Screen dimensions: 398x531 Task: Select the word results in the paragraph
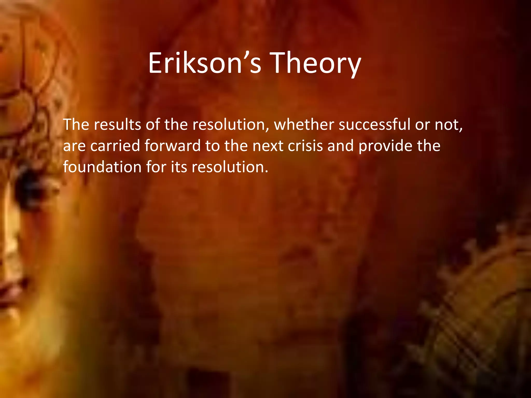click(117, 125)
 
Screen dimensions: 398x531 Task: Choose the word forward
click(173, 146)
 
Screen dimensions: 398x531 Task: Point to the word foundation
click(102, 167)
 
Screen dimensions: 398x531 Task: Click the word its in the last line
click(179, 167)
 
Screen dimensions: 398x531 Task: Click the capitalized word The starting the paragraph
click(76, 125)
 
